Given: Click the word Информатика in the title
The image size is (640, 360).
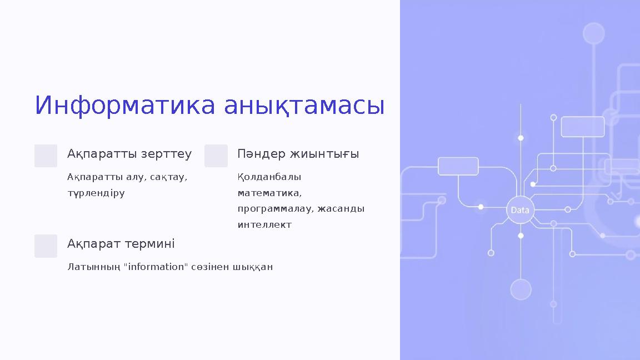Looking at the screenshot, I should pos(126,106).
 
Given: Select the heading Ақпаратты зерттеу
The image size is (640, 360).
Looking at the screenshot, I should pos(129,154).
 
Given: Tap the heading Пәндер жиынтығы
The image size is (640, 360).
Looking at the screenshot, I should pos(298,154).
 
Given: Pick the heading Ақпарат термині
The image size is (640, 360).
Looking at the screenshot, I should pos(121,244).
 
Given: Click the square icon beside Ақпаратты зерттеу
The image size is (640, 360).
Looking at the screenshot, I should pos(46,156).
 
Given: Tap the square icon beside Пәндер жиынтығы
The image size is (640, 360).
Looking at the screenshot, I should pos(216,156).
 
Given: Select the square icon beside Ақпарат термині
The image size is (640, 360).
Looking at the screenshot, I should pos(46,246).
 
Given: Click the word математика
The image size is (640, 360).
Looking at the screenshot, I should pos(269,193).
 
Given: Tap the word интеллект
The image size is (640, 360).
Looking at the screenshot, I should pos(264,225).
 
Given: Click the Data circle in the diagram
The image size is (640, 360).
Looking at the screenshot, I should pos(520,210).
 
